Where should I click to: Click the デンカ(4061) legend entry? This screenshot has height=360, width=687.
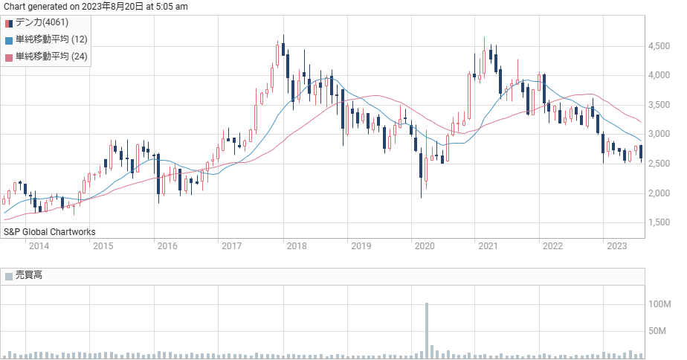pyautogui.click(x=37, y=23)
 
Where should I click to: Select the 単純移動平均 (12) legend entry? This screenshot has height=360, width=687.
pyautogui.click(x=46, y=40)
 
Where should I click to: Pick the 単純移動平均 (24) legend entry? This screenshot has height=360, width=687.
pyautogui.click(x=46, y=57)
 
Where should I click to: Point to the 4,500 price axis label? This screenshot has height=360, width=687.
pyautogui.click(x=659, y=46)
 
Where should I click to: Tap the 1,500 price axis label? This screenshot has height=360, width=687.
pyautogui.click(x=659, y=222)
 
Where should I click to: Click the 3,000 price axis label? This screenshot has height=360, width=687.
pyautogui.click(x=659, y=134)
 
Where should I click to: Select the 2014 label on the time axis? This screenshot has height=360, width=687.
pyautogui.click(x=39, y=246)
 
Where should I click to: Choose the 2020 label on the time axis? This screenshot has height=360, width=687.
pyautogui.click(x=425, y=246)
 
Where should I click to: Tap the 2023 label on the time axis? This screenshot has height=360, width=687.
pyautogui.click(x=616, y=246)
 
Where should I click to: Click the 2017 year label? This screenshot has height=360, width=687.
pyautogui.click(x=231, y=246)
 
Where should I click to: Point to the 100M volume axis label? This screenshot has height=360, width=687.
pyautogui.click(x=659, y=304)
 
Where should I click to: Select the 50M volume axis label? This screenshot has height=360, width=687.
pyautogui.click(x=657, y=331)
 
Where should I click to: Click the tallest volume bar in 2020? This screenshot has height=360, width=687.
pyautogui.click(x=427, y=331)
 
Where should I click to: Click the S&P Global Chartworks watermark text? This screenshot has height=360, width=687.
pyautogui.click(x=50, y=232)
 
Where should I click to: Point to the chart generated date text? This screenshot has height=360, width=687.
pyautogui.click(x=95, y=7)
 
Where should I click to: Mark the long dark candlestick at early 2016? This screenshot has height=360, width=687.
pyautogui.click(x=158, y=178)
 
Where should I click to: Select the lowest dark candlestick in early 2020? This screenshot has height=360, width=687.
pyautogui.click(x=421, y=173)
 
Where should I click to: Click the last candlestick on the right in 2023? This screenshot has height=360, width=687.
pyautogui.click(x=641, y=153)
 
